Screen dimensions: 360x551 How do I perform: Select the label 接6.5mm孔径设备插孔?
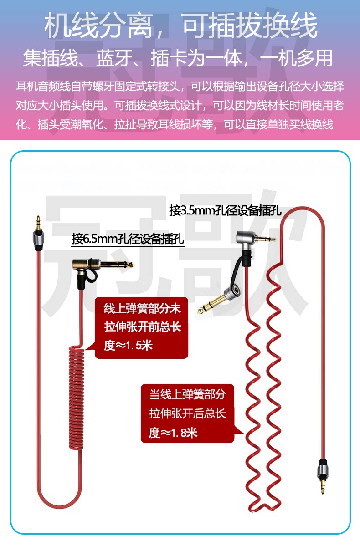click(x=128, y=239)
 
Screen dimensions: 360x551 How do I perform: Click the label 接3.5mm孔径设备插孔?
click(x=225, y=211)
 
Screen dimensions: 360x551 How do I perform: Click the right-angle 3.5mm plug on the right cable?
click(x=255, y=238)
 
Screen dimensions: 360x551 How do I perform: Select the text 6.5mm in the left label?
click(x=98, y=239)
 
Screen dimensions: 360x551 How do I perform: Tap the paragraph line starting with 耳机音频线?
click(x=180, y=86)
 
